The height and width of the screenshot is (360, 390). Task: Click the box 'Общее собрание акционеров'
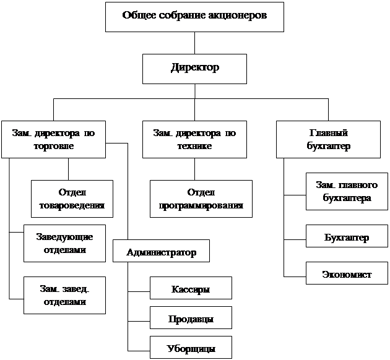[x=194, y=17]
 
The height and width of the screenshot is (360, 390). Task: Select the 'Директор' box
[x=194, y=68]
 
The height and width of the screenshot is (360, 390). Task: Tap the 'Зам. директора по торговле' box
[x=53, y=140]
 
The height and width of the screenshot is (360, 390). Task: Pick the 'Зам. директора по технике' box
[x=194, y=140]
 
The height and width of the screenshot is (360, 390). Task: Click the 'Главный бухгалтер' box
[x=328, y=140]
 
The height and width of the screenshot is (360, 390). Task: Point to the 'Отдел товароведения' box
[x=72, y=199]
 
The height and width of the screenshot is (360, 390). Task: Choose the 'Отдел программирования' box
[x=201, y=199]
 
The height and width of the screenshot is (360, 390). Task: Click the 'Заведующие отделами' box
[x=64, y=243]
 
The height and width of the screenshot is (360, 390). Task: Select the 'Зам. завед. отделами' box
[x=64, y=295]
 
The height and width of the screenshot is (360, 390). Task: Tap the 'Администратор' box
[x=161, y=252]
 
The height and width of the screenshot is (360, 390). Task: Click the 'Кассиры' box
[x=191, y=288]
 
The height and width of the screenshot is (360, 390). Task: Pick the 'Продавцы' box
[x=191, y=318]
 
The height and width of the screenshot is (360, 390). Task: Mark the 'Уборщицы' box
[x=191, y=348]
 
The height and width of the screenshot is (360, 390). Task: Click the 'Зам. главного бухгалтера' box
[x=347, y=191]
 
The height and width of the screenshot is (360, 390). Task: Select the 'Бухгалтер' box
[x=347, y=238]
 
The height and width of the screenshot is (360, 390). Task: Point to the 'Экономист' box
[x=347, y=273]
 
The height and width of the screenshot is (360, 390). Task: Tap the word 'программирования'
[x=201, y=205]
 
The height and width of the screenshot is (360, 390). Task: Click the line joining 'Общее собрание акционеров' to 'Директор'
[x=195, y=43]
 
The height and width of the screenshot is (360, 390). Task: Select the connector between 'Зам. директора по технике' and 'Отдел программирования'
[x=195, y=169]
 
